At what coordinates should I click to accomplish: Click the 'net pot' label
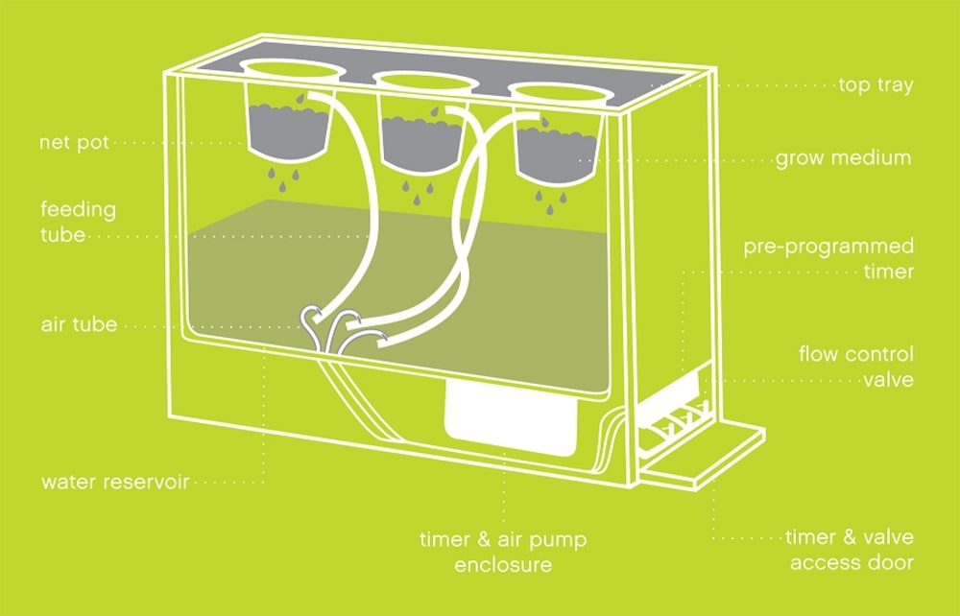coord(74,143)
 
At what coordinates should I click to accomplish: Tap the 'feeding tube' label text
coord(78,222)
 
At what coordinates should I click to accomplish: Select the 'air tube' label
coord(79,325)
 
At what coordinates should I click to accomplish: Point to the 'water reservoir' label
coord(114,481)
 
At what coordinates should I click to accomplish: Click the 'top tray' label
coord(875,85)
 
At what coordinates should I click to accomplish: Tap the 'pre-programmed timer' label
coord(828,259)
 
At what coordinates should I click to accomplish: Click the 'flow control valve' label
coord(855,367)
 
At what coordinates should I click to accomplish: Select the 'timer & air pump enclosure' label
coord(503,552)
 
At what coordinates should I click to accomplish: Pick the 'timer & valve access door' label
coord(850,550)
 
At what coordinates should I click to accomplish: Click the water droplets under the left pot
coord(283,174)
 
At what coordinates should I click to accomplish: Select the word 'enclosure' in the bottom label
coord(503,564)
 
